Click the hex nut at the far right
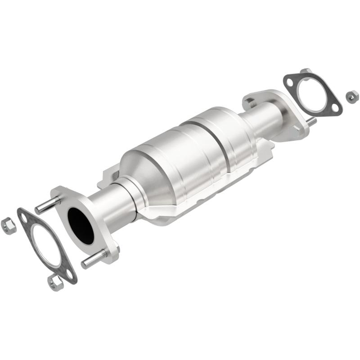pyautogui.click(x=352, y=95)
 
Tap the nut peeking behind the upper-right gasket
pyautogui.click(x=306, y=72)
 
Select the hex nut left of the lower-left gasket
pyautogui.click(x=9, y=225)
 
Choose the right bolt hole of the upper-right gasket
pyautogui.click(x=334, y=107)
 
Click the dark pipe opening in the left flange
pyautogui.click(x=81, y=225)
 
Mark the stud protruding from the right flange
pyautogui.click(x=310, y=121)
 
